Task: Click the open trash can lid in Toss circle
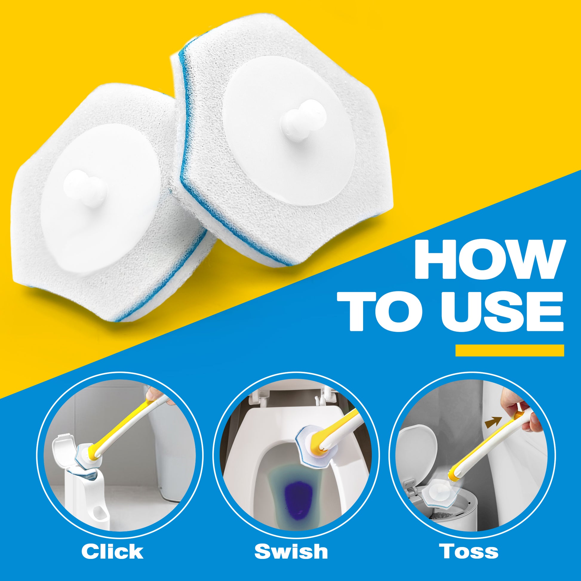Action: click(x=417, y=450)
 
